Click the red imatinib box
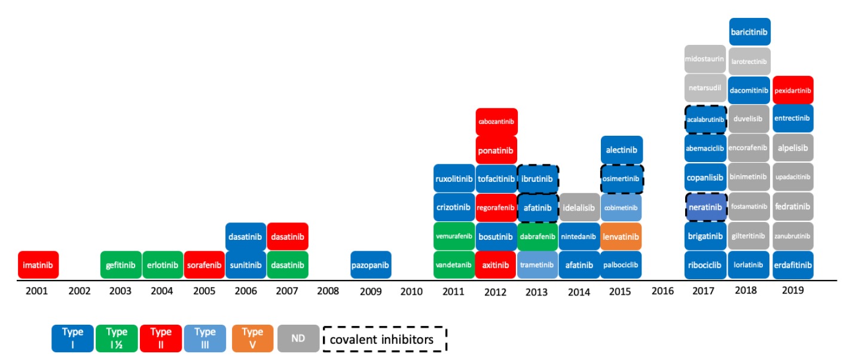(38, 265)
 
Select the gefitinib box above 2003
(121, 265)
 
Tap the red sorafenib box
(204, 265)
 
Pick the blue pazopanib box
(371, 265)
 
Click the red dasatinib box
(288, 237)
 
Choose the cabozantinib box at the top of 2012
(496, 121)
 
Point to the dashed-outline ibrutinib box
(538, 178)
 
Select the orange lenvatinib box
(622, 237)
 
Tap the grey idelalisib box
(579, 208)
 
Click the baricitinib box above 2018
(750, 32)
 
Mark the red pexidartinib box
(793, 90)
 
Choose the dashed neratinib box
(706, 208)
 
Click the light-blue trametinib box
(538, 265)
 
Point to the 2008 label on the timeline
(328, 291)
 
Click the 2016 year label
(662, 291)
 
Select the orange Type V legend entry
(252, 338)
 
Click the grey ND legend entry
(298, 338)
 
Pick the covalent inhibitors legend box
(385, 339)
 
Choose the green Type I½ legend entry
(116, 338)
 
